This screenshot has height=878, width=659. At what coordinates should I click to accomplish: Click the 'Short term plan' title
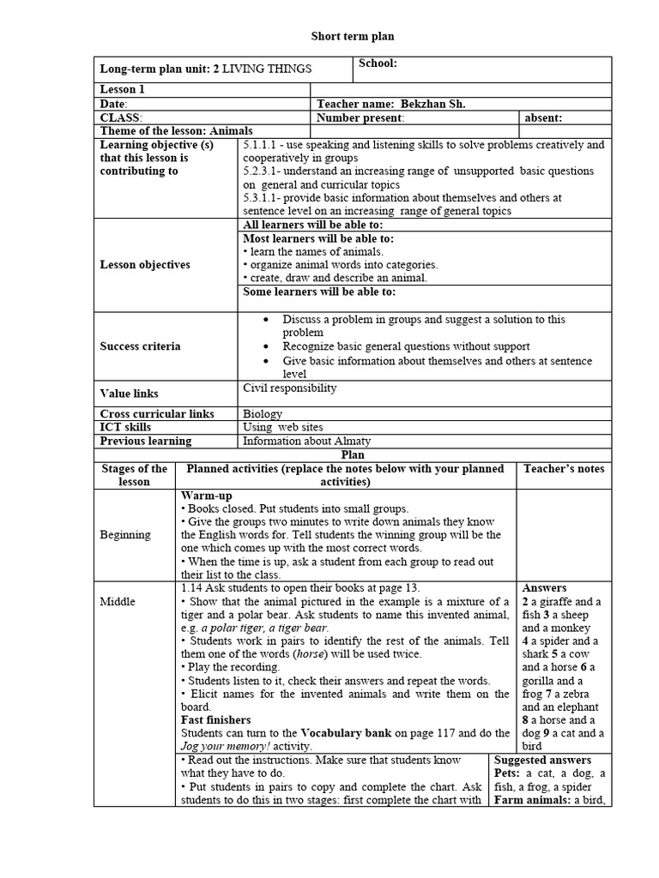coord(352,37)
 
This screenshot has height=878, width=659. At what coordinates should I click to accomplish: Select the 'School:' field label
coord(377,63)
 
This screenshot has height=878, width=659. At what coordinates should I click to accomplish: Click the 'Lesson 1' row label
coord(123,89)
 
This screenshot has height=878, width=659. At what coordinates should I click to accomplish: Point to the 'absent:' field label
coord(544,117)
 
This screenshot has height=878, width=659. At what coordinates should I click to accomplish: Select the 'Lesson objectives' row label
coord(145,265)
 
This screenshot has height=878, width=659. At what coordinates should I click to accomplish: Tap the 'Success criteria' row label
coord(140,346)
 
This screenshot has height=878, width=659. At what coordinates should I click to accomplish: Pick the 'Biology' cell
coord(263,414)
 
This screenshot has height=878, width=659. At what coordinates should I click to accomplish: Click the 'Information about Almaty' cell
coord(307,441)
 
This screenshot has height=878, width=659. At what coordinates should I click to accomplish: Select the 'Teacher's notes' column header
coord(563,468)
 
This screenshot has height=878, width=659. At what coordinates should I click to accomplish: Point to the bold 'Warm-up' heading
coord(206,496)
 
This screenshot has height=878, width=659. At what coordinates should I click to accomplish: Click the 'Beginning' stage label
coord(125,535)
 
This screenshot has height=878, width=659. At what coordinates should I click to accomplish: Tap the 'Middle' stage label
coord(118,601)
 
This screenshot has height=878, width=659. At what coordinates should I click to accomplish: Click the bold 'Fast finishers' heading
coord(215,720)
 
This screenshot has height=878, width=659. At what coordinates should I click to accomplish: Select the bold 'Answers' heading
coord(544,588)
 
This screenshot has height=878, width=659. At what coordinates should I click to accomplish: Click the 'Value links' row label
coord(130,394)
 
